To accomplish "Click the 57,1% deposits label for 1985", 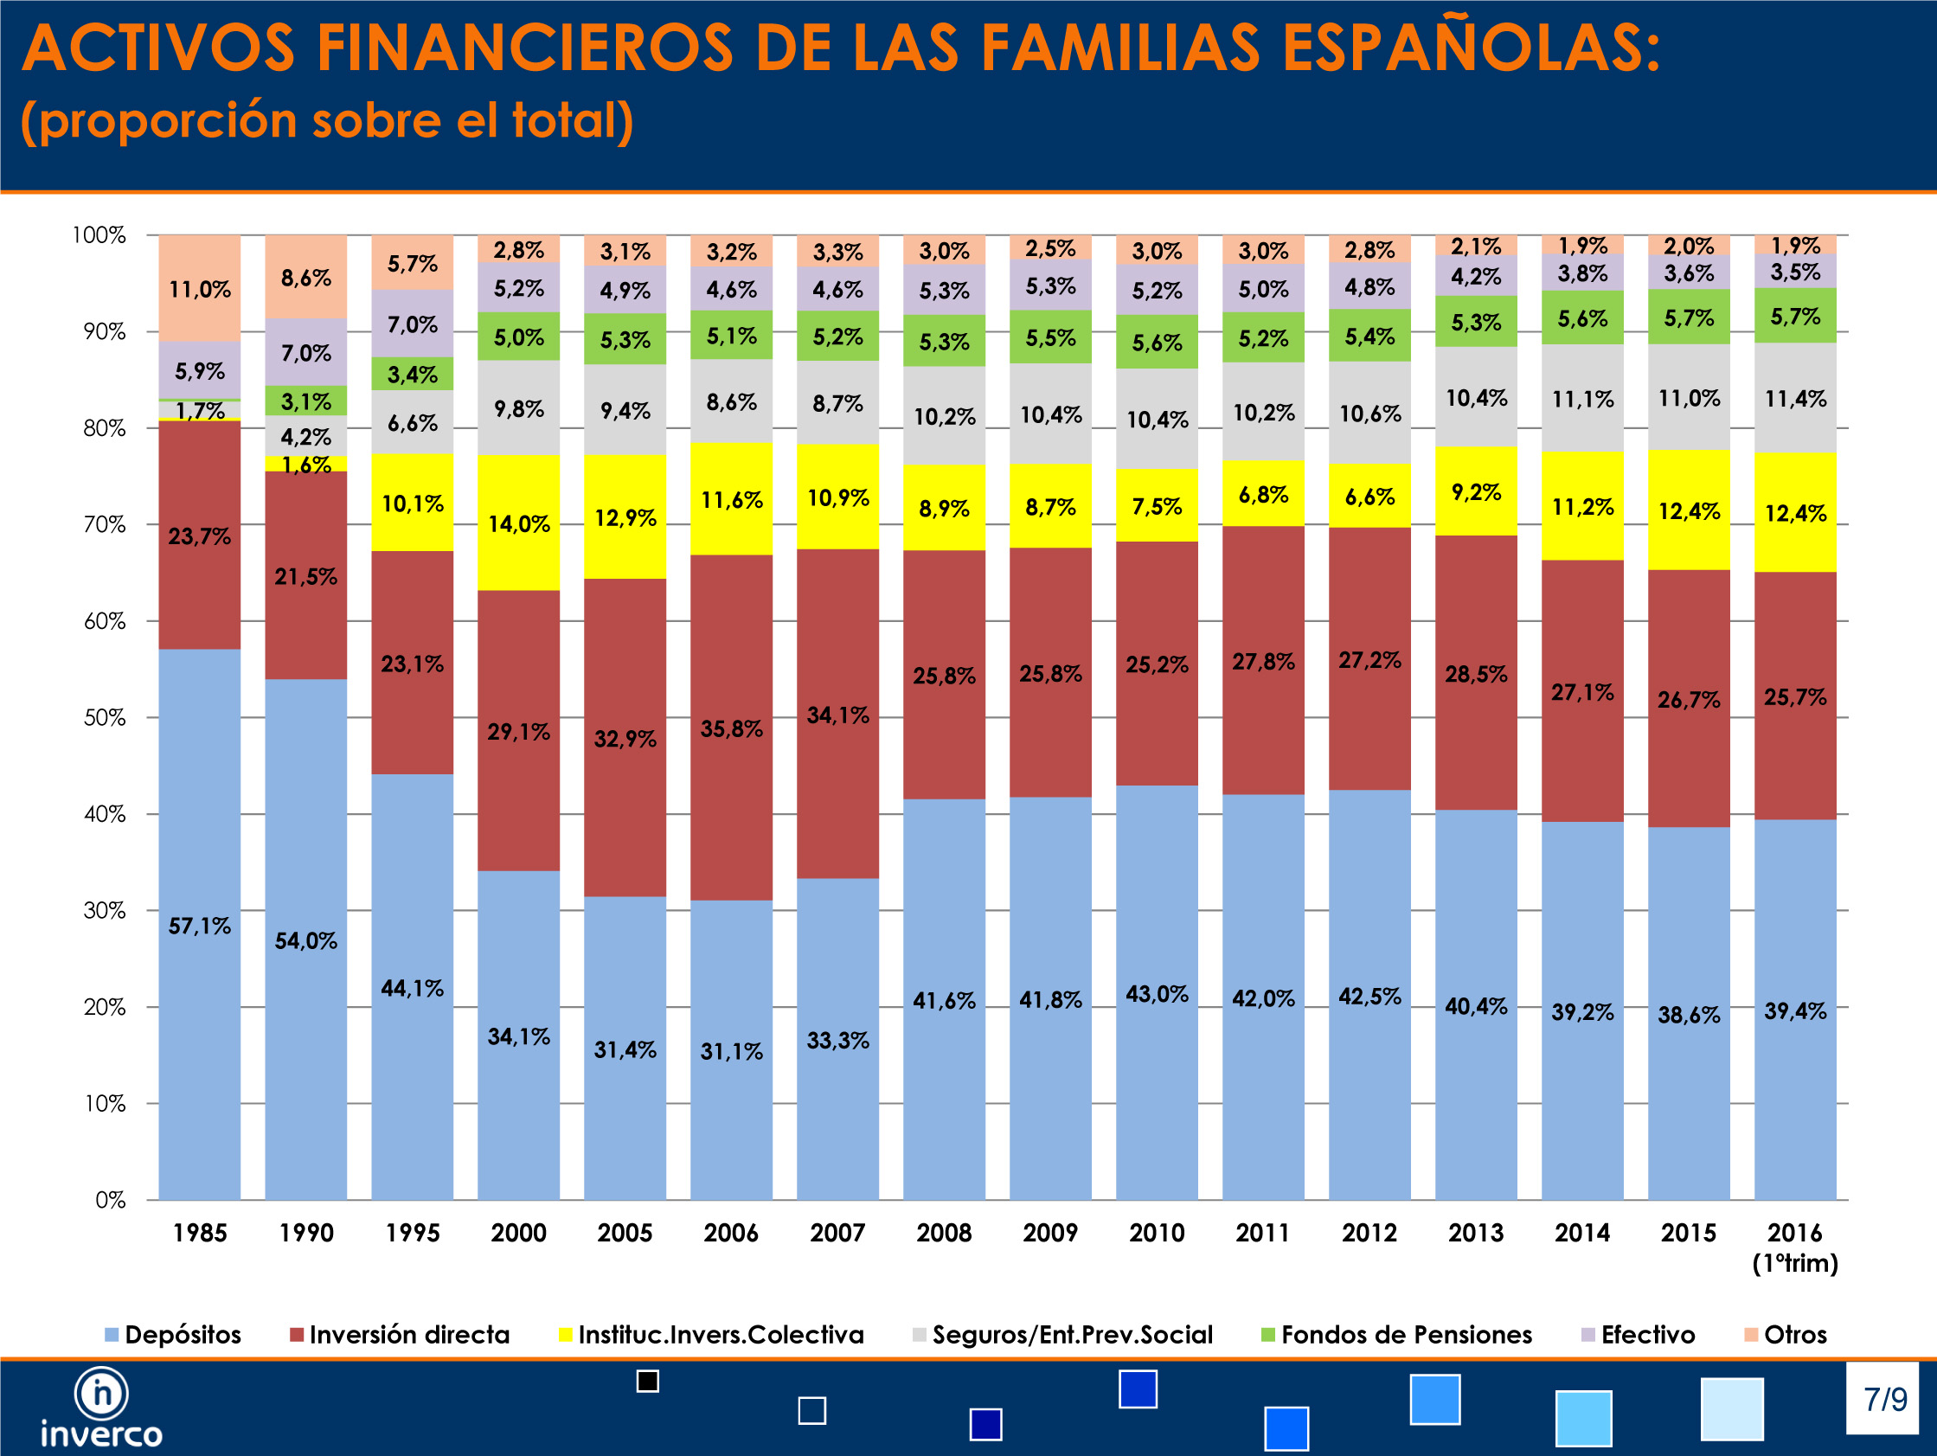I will (x=200, y=927).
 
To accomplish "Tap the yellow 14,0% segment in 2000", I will (x=518, y=523).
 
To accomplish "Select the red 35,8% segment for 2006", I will (x=731, y=728).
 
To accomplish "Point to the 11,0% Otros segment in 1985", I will (x=200, y=289).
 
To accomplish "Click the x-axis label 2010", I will (x=1157, y=1233).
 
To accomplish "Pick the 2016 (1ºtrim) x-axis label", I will (x=1795, y=1247).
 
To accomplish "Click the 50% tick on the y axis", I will (x=104, y=718).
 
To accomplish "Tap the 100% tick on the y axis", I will (x=98, y=235).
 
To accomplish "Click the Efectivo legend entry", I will (x=1639, y=1334).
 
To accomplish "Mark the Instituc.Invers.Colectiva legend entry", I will (x=711, y=1334).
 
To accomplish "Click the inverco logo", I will (x=101, y=1407).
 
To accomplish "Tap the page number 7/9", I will (x=1884, y=1399).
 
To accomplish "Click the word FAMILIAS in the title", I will (x=1120, y=48).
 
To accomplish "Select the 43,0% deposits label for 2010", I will (x=1157, y=994).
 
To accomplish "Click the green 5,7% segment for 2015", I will (x=1689, y=317).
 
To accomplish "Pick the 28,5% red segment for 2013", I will (x=1476, y=674).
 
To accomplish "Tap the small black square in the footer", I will (x=647, y=1382).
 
